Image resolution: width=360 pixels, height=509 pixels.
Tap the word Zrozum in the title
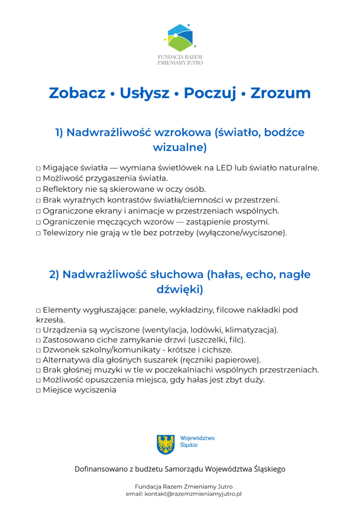(x=280, y=93)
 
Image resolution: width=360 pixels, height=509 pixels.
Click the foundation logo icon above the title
(x=180, y=38)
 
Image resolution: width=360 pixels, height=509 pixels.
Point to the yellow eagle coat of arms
(x=165, y=444)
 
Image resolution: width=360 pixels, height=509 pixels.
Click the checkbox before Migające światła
(x=38, y=168)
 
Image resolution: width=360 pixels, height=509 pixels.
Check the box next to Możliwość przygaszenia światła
(x=38, y=179)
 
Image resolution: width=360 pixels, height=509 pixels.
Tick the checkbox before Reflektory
(x=38, y=189)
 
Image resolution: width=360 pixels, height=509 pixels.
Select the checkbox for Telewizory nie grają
(x=38, y=233)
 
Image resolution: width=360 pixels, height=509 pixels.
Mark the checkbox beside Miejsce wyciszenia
(x=38, y=391)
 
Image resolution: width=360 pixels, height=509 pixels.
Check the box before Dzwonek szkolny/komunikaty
(x=38, y=350)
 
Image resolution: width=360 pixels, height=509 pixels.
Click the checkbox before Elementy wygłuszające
(x=38, y=310)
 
